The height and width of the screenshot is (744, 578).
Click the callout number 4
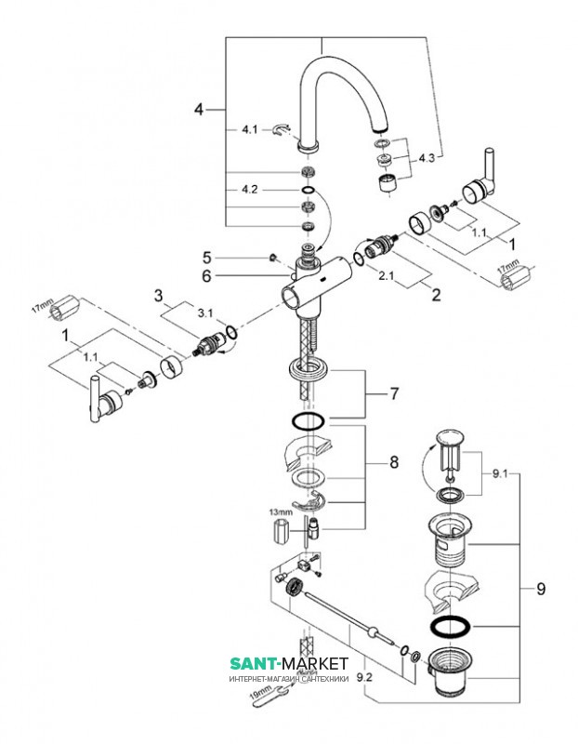point(198,110)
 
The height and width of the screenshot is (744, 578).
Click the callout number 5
point(207,257)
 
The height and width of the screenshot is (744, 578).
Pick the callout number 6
point(207,275)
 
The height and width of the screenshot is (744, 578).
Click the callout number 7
point(393,393)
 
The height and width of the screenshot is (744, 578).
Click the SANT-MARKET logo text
point(288,663)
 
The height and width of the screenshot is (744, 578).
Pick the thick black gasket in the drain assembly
point(453,626)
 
